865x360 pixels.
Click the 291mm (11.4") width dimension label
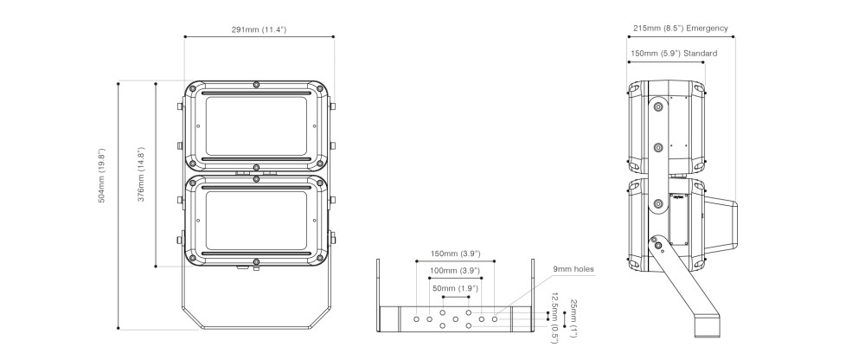[x=259, y=29]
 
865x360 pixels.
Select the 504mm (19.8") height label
[x=101, y=176]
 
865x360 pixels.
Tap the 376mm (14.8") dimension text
[x=141, y=174]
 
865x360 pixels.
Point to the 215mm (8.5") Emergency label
[x=680, y=29]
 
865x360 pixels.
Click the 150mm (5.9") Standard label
[x=674, y=54]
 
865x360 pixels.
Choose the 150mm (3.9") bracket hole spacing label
[x=456, y=254]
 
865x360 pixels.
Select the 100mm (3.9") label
[x=456, y=271]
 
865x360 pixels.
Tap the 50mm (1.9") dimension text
[x=455, y=288]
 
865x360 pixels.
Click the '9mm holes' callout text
[x=573, y=269]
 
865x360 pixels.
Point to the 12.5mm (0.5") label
[x=555, y=318]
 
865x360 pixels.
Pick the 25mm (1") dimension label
[x=573, y=318]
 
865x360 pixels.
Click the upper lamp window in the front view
[x=256, y=125]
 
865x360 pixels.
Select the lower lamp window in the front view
[x=256, y=221]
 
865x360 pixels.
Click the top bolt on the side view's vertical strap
[x=657, y=106]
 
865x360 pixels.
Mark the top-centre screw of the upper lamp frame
[x=256, y=85]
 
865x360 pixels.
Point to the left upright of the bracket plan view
[x=379, y=295]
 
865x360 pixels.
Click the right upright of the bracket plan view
[x=532, y=295]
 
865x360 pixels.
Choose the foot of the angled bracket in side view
[x=708, y=325]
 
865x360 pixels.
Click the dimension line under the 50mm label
[x=455, y=297]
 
